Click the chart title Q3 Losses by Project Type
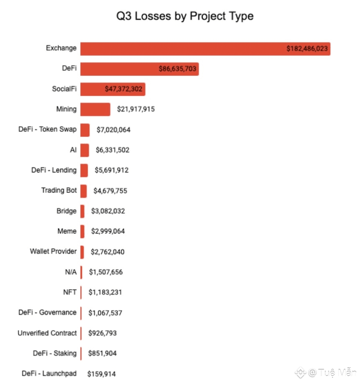click(x=185, y=16)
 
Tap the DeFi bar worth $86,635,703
click(x=123, y=69)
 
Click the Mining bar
click(x=95, y=109)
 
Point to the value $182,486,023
click(x=307, y=49)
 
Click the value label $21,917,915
click(x=136, y=109)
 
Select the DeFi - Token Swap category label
click(x=48, y=129)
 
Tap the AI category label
click(x=73, y=150)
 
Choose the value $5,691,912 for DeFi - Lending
click(x=109, y=170)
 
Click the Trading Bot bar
click(x=84, y=190)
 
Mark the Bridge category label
click(x=66, y=211)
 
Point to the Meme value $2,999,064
click(x=107, y=231)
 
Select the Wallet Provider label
click(x=53, y=251)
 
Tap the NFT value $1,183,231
click(x=105, y=292)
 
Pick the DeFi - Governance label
click(x=48, y=313)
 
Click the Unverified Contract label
click(x=47, y=333)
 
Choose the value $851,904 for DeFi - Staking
click(x=103, y=353)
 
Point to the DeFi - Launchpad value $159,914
click(x=102, y=374)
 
